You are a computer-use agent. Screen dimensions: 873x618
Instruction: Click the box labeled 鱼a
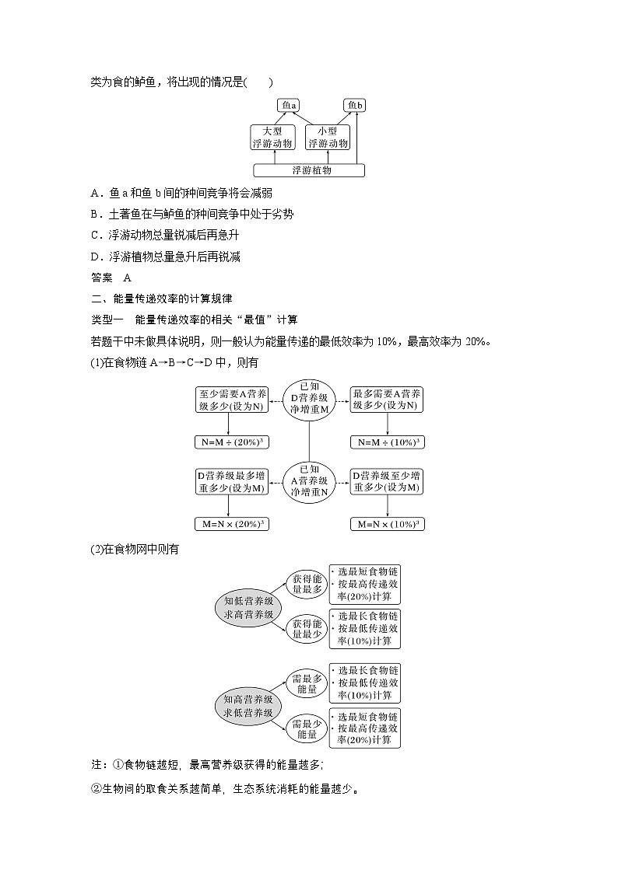click(290, 105)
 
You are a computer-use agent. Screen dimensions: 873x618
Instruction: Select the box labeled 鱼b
click(356, 105)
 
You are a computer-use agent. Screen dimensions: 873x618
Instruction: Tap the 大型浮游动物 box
click(272, 138)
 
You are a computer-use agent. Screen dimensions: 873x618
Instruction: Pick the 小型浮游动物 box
click(328, 138)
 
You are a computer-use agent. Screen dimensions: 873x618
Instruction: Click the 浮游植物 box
click(310, 170)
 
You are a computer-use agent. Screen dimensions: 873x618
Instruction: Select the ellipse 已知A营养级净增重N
click(308, 480)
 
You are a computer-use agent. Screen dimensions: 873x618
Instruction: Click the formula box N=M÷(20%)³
click(228, 442)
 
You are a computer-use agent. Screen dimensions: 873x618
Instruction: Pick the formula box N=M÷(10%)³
click(387, 442)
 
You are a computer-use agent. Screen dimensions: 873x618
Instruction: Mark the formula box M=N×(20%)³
click(228, 524)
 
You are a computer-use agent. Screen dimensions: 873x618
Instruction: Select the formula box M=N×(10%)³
click(387, 524)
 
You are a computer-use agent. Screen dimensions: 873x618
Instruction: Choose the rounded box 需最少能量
click(305, 728)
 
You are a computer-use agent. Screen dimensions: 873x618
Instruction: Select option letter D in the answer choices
click(95, 257)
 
